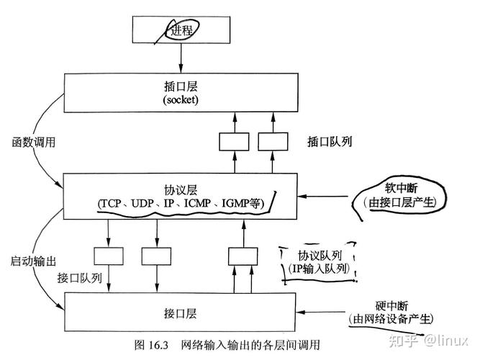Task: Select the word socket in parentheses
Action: [x=180, y=99]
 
